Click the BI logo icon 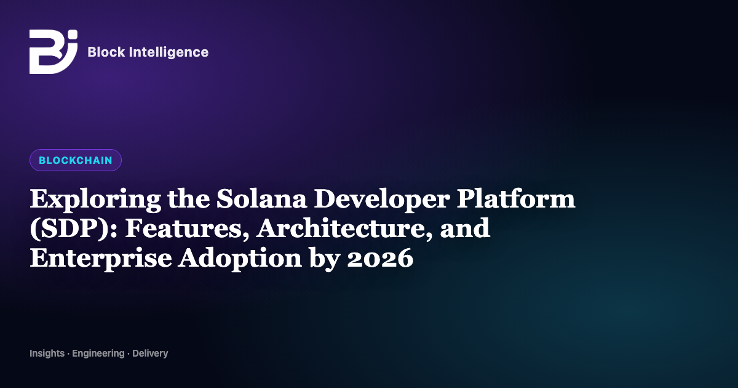(54, 52)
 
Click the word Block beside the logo (106, 52)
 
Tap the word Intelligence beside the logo (169, 52)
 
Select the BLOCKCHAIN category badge (76, 160)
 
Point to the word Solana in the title (261, 199)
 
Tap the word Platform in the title (516, 199)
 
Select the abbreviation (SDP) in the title (73, 229)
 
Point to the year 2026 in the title (380, 258)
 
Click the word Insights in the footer (47, 354)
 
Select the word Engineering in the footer (98, 354)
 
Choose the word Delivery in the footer (150, 354)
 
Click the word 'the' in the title (188, 199)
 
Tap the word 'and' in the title (465, 228)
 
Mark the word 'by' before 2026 (325, 259)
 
